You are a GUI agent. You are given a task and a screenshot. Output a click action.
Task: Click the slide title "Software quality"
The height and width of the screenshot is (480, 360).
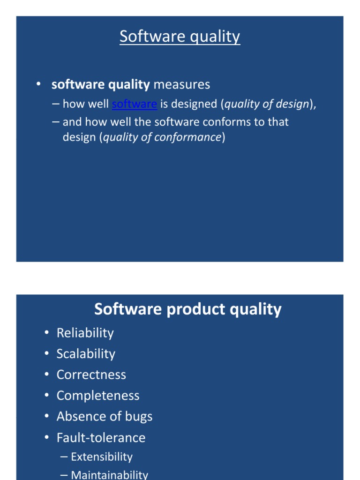(x=180, y=37)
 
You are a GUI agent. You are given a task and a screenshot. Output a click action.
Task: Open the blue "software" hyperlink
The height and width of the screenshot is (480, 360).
(x=135, y=104)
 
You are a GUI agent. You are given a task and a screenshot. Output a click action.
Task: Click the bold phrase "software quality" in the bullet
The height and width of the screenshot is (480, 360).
(x=100, y=84)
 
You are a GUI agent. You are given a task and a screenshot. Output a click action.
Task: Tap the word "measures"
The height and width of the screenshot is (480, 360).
(x=182, y=84)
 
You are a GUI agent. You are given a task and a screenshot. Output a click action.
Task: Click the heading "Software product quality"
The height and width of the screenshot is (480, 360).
(x=187, y=309)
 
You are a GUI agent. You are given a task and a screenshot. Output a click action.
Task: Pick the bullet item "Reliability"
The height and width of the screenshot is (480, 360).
(x=85, y=333)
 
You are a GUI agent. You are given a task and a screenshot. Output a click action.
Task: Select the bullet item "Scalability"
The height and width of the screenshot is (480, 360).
(x=86, y=354)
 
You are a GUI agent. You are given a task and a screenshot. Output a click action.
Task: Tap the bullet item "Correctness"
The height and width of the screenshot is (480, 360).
(x=91, y=375)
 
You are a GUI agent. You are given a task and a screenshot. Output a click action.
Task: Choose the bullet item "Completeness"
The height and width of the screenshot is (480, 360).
(x=98, y=396)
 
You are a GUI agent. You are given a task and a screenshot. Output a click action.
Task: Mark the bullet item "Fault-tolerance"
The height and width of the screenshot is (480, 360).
(x=101, y=438)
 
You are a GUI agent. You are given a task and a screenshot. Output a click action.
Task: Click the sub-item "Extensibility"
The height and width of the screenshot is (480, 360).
(x=102, y=457)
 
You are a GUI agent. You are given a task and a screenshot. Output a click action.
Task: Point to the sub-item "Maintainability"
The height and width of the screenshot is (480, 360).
(x=109, y=475)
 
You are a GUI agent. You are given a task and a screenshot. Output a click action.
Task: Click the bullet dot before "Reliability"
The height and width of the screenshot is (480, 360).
(x=46, y=333)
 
